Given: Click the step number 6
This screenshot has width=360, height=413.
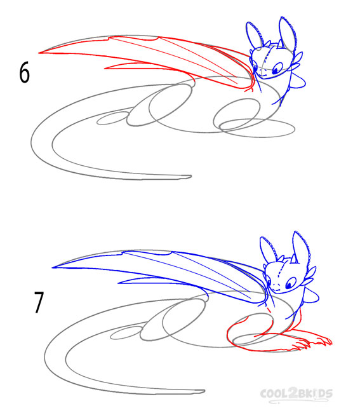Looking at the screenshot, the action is point(25,73).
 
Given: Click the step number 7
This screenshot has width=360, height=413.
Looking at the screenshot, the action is point(39,302).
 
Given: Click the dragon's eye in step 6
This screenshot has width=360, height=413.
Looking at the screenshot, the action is point(277,69).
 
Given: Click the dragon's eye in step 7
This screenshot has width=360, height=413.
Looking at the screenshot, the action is point(291,283).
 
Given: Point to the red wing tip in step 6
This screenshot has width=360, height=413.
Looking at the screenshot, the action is point(39,53).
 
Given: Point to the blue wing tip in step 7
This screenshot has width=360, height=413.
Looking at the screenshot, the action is point(53,267).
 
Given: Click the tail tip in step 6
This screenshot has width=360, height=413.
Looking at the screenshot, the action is point(190,176).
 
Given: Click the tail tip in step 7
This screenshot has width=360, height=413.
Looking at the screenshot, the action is point(203,391).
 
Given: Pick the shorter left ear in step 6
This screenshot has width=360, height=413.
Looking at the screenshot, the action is point(255,36).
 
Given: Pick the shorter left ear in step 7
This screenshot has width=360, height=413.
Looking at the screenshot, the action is point(269,250).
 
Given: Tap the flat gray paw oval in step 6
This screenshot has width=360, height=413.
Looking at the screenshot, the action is point(257,128).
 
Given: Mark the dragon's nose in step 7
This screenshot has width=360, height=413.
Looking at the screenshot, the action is point(276,285).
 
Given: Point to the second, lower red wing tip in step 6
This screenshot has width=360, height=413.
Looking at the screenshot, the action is point(106,69).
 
